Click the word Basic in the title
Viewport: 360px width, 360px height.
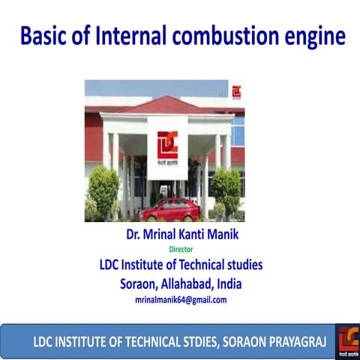pyautogui.click(x=46, y=35)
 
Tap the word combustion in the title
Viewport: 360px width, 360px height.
pyautogui.click(x=228, y=35)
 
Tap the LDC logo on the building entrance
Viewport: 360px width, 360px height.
pyautogui.click(x=166, y=144)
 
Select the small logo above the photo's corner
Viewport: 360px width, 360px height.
pyautogui.click(x=237, y=91)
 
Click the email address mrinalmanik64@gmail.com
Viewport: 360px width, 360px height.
pyautogui.click(x=180, y=299)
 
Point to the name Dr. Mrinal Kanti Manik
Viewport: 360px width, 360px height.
pyautogui.click(x=181, y=235)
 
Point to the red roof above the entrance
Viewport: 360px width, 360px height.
pyautogui.click(x=169, y=105)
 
